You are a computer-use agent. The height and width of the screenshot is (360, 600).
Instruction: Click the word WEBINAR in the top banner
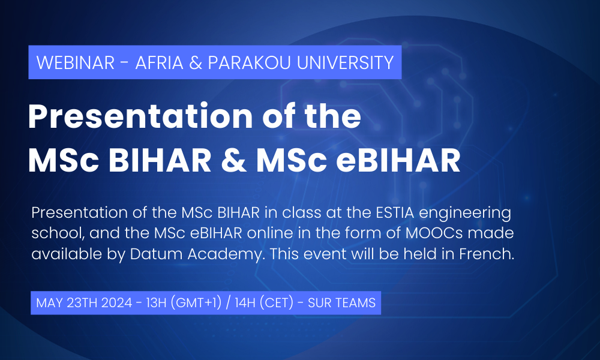pyautogui.click(x=76, y=62)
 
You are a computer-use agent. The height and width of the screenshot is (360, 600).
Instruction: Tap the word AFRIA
pyautogui.click(x=159, y=62)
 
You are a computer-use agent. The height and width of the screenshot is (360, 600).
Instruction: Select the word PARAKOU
pyautogui.click(x=250, y=62)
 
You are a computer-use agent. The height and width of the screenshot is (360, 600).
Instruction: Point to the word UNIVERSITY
pyautogui.click(x=345, y=62)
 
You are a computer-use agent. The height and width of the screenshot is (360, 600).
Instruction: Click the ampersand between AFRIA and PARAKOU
pyautogui.click(x=196, y=63)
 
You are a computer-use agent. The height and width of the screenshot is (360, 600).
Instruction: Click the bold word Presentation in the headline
pyautogui.click(x=140, y=116)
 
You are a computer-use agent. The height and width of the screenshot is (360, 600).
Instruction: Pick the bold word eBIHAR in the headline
pyautogui.click(x=398, y=160)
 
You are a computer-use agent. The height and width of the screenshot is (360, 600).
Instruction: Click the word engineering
pyautogui.click(x=465, y=214)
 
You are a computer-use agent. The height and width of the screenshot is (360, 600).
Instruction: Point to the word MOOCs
pyautogui.click(x=434, y=233)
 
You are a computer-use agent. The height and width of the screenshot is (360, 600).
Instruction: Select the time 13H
pyautogui.click(x=157, y=303)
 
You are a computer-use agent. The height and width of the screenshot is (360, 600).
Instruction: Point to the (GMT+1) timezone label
pyautogui.click(x=196, y=304)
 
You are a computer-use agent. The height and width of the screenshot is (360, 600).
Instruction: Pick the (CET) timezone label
pyautogui.click(x=277, y=304)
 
